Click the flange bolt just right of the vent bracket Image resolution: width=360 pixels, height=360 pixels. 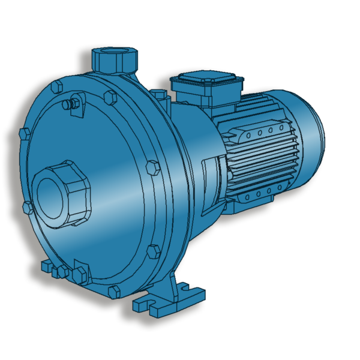pyautogui.click(x=110, y=96)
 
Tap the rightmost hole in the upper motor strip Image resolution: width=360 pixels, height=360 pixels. pyautogui.click(x=280, y=127)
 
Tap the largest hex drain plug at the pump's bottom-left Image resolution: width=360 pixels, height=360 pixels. pyautogui.click(x=80, y=275)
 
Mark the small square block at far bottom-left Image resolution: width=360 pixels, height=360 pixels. pyautogui.click(x=46, y=266)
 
